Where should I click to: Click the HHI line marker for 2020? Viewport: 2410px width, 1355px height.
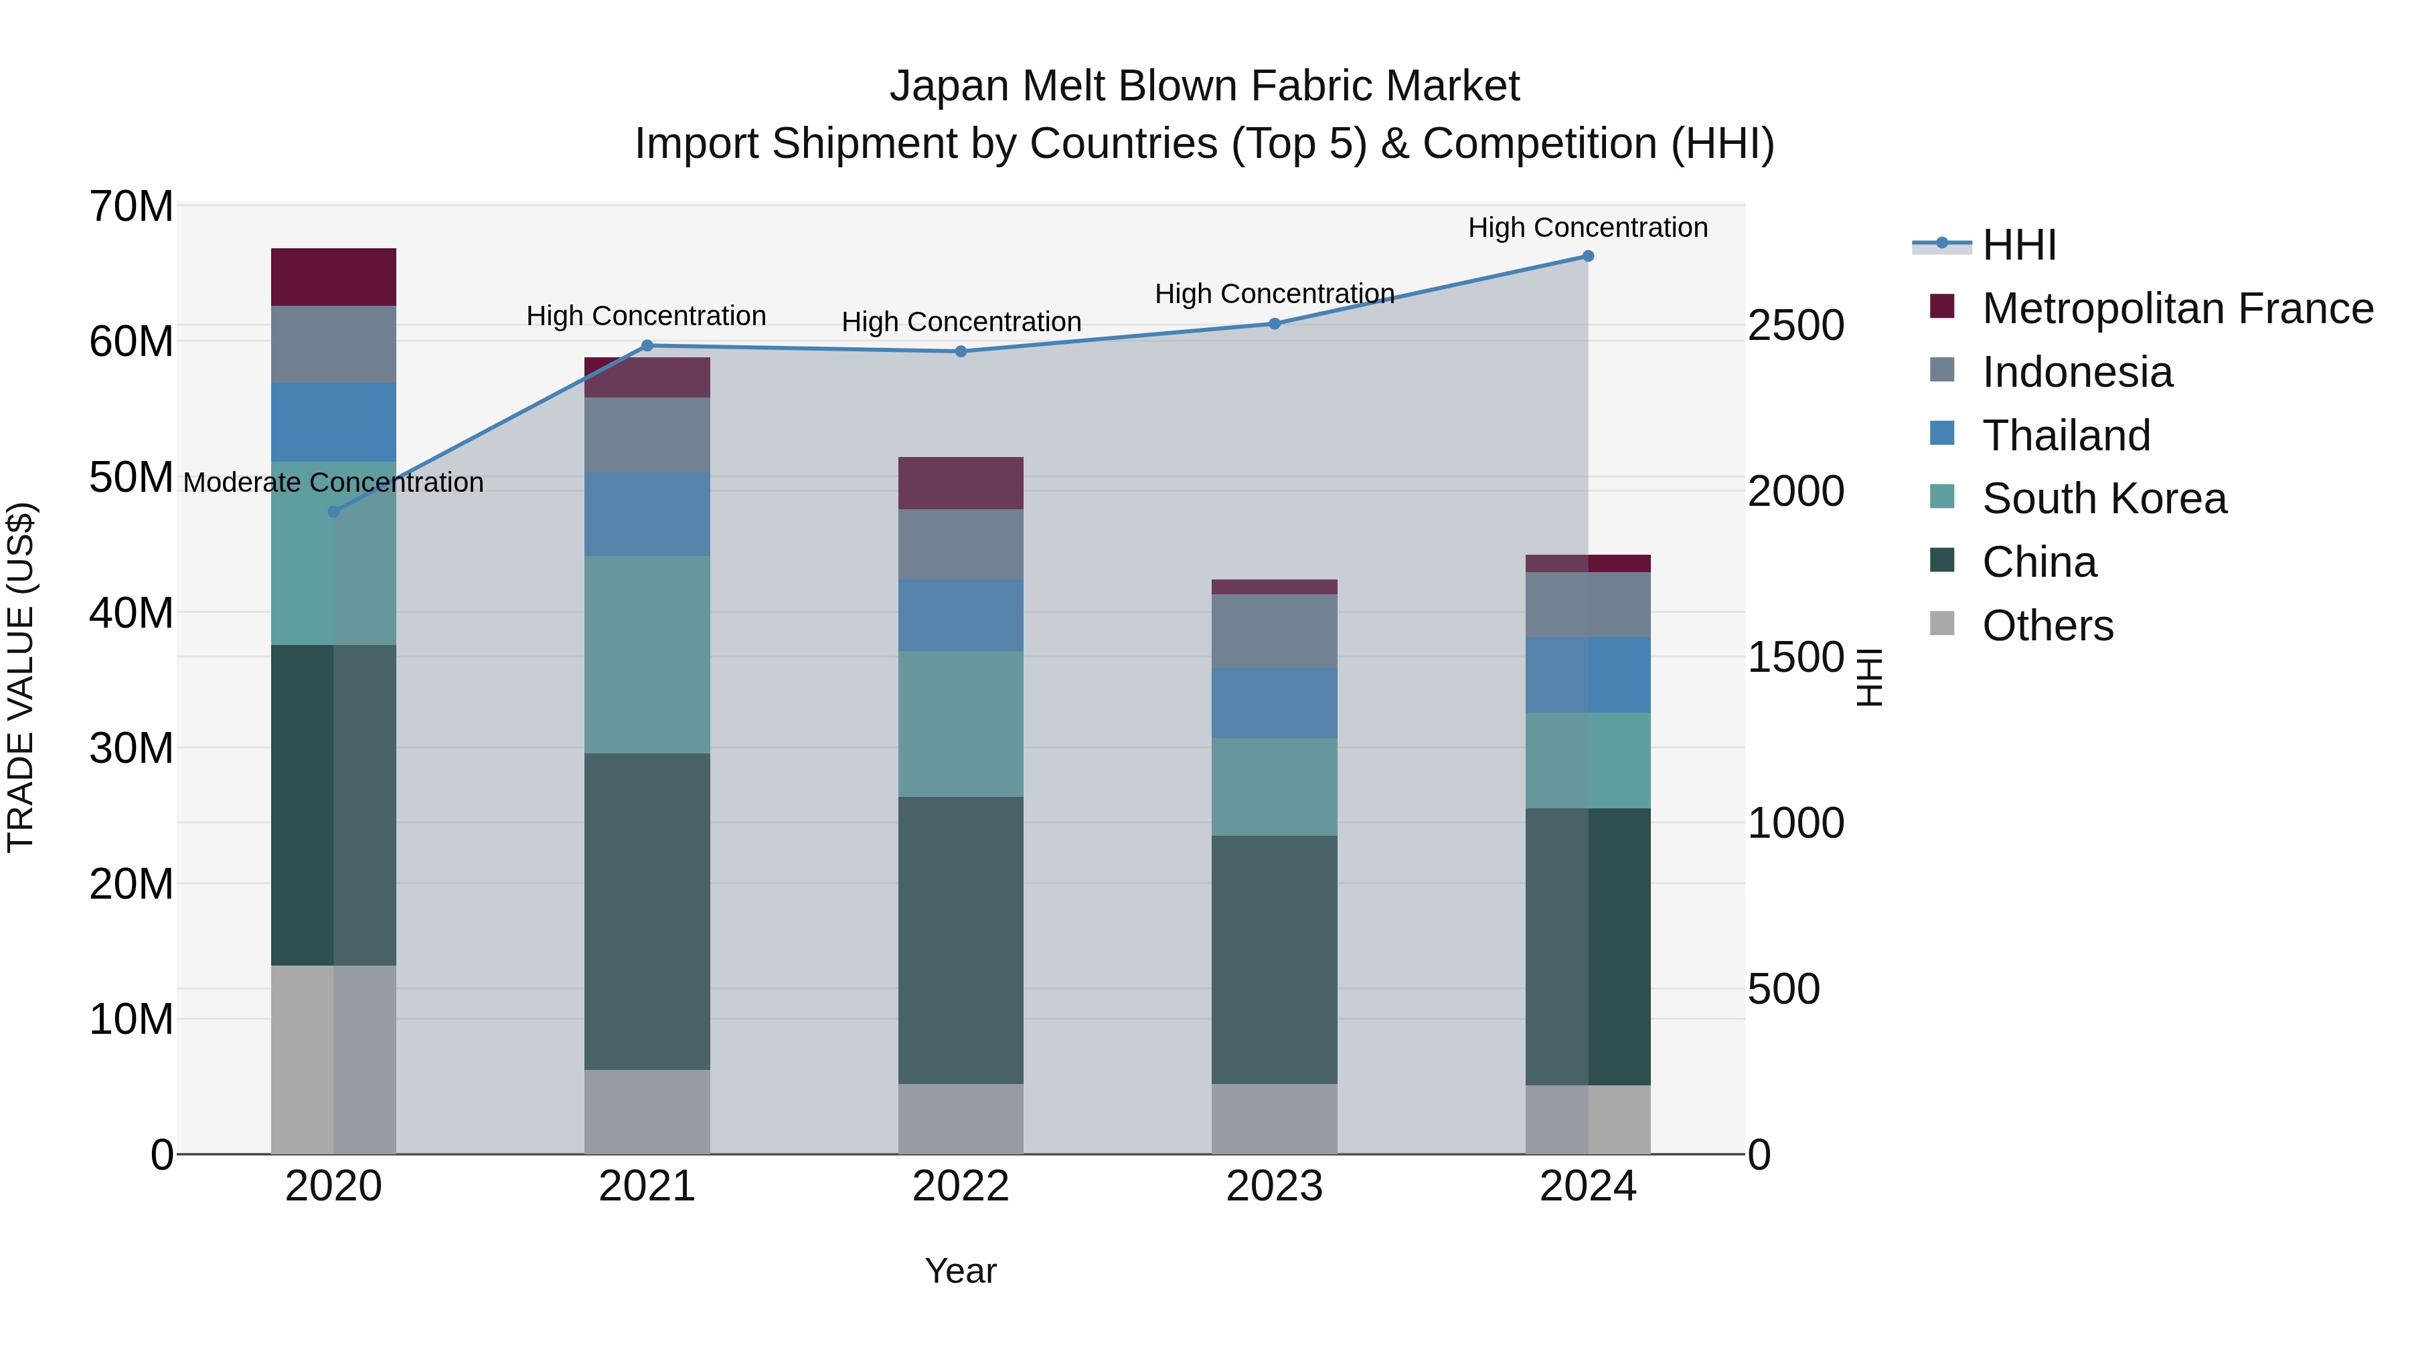(333, 511)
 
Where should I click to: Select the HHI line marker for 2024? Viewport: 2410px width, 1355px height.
(1588, 256)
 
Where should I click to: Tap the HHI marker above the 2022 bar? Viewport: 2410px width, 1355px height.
(961, 351)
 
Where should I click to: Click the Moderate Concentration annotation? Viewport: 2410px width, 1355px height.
(333, 482)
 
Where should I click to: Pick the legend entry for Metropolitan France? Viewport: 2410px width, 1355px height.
(2177, 308)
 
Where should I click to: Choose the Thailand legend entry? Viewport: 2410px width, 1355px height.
(2066, 436)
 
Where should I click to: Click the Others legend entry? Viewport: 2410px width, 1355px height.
(2047, 626)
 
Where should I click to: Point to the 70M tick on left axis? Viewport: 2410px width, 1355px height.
(131, 207)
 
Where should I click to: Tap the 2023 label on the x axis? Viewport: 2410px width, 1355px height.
(1274, 1186)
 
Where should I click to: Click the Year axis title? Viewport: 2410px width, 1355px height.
(961, 1271)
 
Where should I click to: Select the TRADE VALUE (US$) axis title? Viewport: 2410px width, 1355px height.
(21, 678)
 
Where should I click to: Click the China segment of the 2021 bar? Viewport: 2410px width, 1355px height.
(647, 912)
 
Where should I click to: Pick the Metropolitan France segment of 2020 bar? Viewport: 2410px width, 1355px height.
(333, 277)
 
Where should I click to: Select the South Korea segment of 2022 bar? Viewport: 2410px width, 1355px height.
(961, 724)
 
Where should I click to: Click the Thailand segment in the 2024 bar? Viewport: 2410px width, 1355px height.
(1588, 675)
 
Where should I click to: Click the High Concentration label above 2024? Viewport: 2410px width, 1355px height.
(1588, 228)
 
